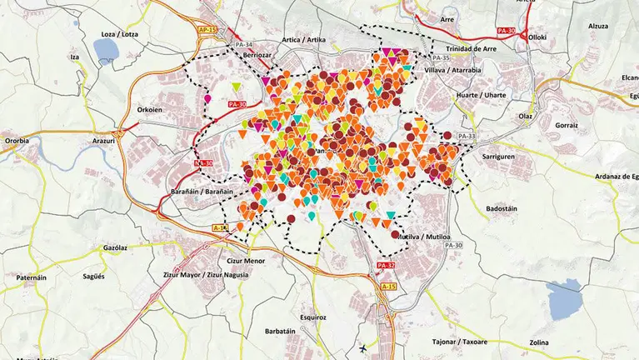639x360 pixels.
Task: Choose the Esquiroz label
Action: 312,317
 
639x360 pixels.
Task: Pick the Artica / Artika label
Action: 304,39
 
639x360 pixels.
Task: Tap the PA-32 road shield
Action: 386,266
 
